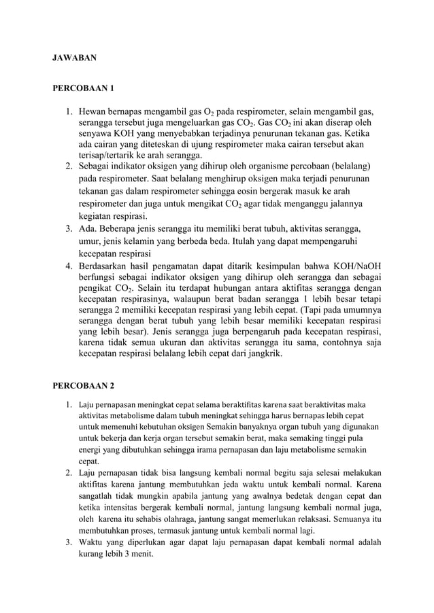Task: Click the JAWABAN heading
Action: (75, 58)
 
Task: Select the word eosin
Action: (253, 192)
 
